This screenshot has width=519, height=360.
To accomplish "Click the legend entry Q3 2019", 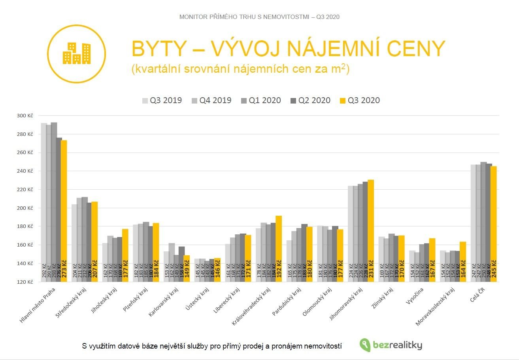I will point(162,100).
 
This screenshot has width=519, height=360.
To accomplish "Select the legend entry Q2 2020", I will point(310,100).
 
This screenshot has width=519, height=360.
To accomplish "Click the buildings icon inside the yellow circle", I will point(77,53).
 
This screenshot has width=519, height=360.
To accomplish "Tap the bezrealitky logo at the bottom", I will point(391,345).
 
